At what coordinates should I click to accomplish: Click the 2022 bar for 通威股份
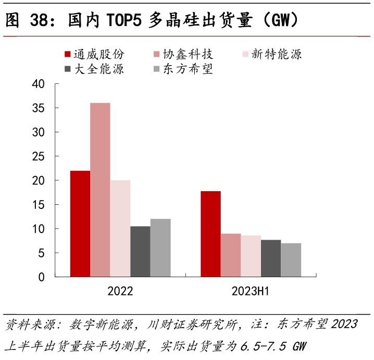(80, 224)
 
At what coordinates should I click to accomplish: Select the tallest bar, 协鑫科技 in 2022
(100, 190)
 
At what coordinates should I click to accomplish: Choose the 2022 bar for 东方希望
(160, 247)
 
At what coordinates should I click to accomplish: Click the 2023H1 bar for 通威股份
(210, 234)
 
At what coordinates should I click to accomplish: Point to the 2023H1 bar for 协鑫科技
(231, 255)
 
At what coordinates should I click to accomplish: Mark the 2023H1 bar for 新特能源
(251, 256)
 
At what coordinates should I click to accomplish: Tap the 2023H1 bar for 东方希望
(291, 259)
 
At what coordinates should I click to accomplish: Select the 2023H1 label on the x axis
(251, 291)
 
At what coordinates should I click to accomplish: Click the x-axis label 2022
(120, 291)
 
